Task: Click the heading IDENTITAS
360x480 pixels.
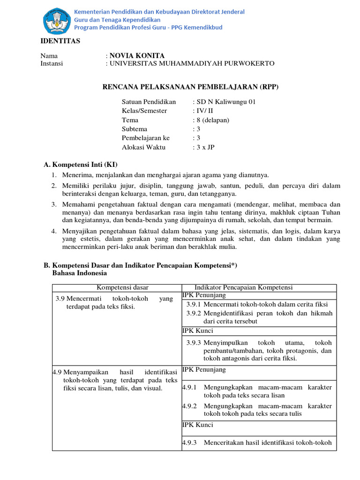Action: click(60, 41)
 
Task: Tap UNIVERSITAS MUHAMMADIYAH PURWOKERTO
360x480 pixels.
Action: click(192, 64)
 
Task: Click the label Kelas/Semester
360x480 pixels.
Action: click(144, 111)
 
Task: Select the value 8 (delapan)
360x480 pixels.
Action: click(212, 120)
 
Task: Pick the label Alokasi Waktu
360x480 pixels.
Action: click(143, 147)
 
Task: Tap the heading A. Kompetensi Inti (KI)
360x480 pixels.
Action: click(81, 165)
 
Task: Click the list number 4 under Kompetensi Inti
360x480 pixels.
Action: click(54, 231)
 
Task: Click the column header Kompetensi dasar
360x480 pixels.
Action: click(116, 287)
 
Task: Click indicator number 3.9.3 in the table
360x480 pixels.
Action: click(194, 343)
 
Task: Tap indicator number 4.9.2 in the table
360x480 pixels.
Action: click(189, 406)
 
